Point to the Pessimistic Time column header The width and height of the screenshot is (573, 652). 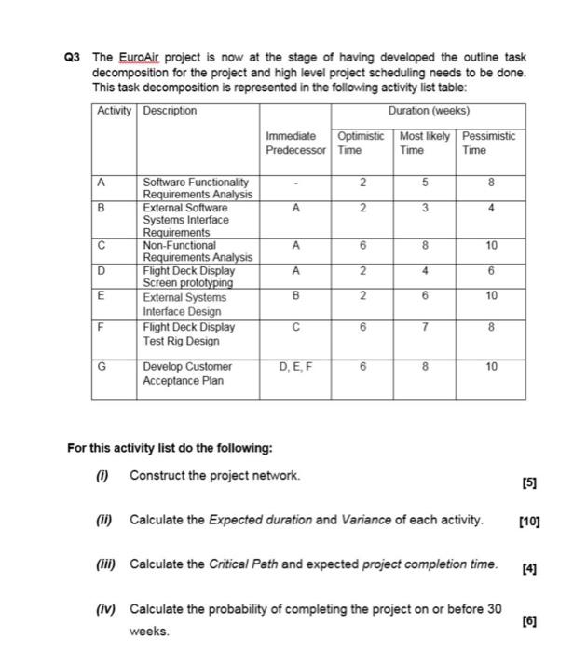click(488, 143)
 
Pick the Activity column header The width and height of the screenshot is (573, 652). click(114, 111)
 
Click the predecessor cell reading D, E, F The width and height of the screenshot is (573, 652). click(295, 367)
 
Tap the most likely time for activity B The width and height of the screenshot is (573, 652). click(425, 210)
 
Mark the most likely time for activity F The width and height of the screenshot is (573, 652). click(425, 328)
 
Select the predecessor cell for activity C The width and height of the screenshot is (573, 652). click(295, 246)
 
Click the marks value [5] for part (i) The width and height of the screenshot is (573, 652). click(530, 482)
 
